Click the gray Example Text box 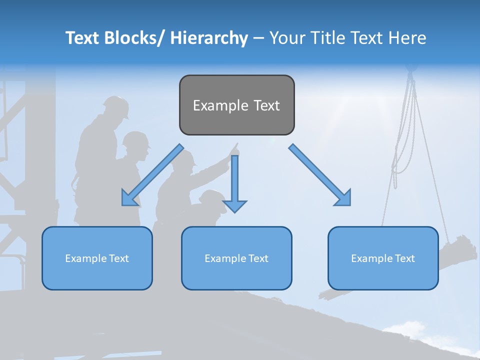[236, 105]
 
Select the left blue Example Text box [97, 258]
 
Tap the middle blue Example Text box [236, 258]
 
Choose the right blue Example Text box [383, 258]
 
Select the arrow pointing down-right [320, 175]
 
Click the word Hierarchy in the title [209, 38]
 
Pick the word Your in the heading [287, 38]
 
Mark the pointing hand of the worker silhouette [234, 148]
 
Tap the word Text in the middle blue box [258, 258]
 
